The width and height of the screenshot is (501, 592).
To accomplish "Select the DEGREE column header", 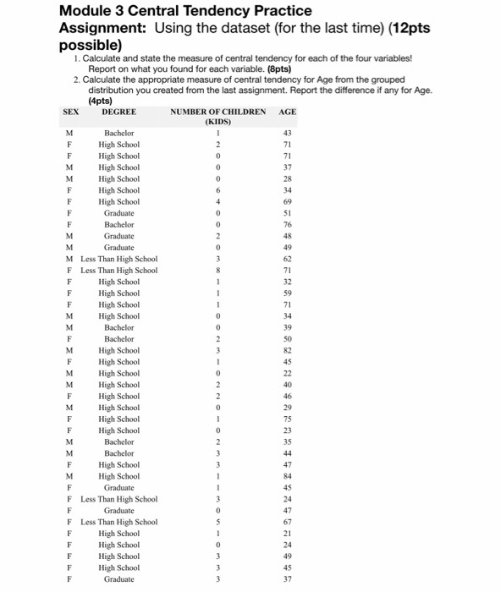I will [118, 111].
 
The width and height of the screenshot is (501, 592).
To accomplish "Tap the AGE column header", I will [288, 111].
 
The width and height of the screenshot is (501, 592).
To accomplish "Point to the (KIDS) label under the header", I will [217, 121].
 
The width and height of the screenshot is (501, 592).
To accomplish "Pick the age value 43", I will [287, 133].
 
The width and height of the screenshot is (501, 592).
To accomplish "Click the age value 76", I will [287, 224].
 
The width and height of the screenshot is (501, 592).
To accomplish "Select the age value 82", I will [287, 350].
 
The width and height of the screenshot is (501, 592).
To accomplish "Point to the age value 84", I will [287, 476].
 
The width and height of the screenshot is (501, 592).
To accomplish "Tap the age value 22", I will [287, 373].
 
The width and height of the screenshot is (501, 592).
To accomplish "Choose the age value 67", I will [287, 522].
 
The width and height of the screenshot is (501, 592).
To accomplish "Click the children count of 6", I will [217, 190].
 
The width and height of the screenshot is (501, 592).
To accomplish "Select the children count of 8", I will [217, 270].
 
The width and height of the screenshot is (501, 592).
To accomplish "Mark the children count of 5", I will [217, 522].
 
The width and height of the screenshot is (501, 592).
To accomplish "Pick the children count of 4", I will [217, 201].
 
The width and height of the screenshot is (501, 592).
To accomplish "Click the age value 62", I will [287, 259].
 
